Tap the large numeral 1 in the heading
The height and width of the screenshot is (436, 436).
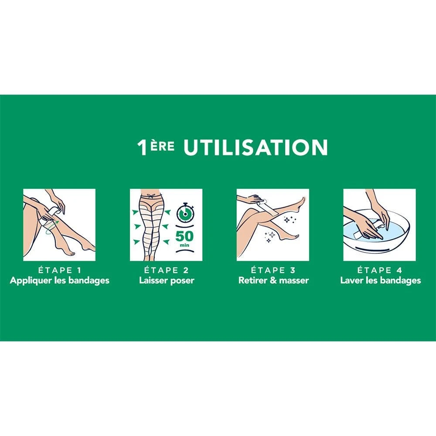(x=142, y=147)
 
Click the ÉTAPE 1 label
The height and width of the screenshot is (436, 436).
(x=59, y=270)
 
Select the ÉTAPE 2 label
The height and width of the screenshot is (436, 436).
(x=166, y=270)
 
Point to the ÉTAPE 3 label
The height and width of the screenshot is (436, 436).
(x=273, y=270)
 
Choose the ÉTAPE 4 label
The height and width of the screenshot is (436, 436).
(x=380, y=270)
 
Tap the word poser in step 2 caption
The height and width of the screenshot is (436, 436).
(x=182, y=281)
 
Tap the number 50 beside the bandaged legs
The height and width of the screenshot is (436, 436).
(x=184, y=236)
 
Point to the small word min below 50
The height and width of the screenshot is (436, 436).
(x=184, y=245)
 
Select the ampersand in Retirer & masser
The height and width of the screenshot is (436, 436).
(x=274, y=280)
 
